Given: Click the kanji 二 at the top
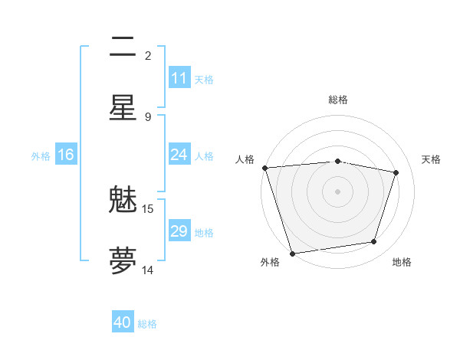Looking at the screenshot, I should [123, 47].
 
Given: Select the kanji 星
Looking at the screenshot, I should [123, 107].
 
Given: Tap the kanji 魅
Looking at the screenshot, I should [123, 201].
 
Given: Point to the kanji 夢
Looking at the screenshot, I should [123, 260].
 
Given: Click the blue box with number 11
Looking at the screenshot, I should [179, 78].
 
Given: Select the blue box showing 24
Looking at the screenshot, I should [179, 155].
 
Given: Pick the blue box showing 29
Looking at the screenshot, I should [179, 231].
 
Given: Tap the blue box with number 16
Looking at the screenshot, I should [66, 155].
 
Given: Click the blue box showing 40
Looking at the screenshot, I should [123, 322].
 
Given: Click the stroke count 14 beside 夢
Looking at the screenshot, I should [148, 270].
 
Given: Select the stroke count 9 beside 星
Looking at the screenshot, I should [148, 116].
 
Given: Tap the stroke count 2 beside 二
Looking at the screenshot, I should [148, 55].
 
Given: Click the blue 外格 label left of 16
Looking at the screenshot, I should [41, 155].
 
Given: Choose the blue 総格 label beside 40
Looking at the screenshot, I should [147, 324].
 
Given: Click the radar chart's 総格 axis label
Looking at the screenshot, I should [338, 100].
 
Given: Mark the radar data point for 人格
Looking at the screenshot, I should [264, 168].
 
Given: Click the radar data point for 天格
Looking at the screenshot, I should [396, 172].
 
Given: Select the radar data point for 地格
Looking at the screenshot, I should [374, 242].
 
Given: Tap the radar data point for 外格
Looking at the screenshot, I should [292, 253].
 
